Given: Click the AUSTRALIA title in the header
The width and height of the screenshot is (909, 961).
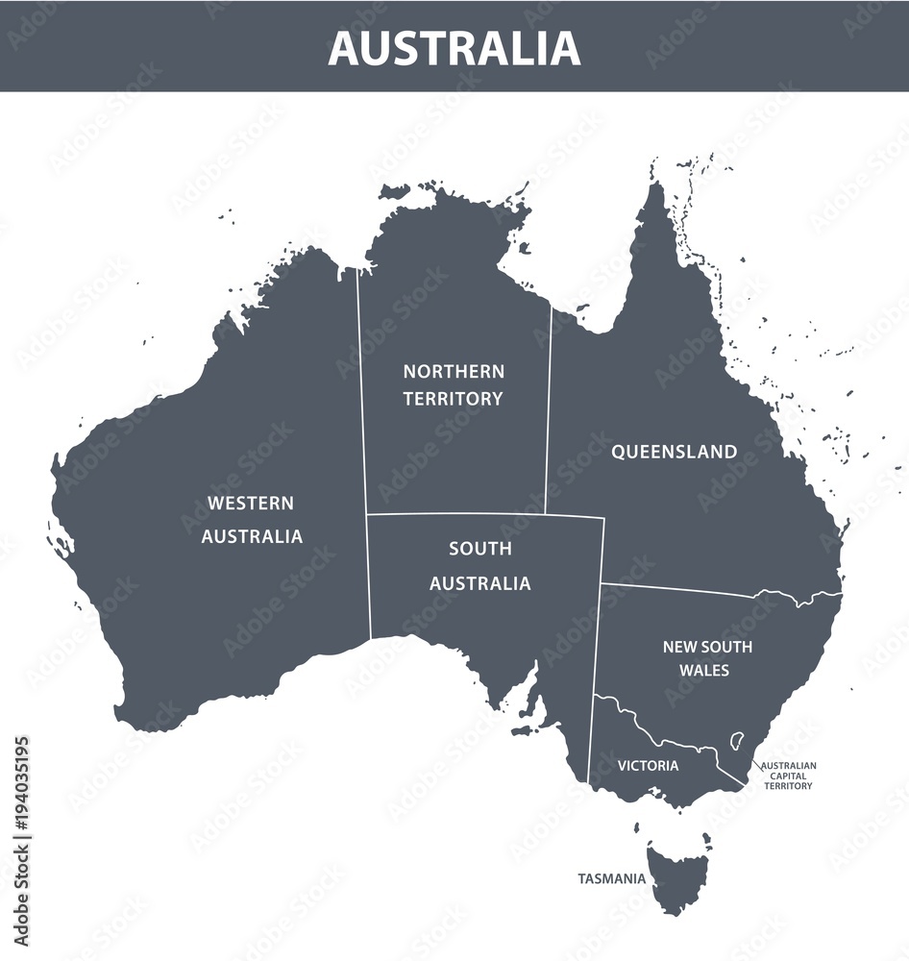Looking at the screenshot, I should pyautogui.click(x=454, y=48).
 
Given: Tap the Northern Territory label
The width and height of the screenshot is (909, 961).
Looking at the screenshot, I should pyautogui.click(x=453, y=384).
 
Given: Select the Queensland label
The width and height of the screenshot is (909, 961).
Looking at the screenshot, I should pyautogui.click(x=675, y=452).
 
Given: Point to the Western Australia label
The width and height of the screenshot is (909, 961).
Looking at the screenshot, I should pyautogui.click(x=252, y=520).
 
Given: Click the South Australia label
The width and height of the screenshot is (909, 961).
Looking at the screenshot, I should pyautogui.click(x=479, y=566).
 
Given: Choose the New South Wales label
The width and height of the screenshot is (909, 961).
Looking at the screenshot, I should pyautogui.click(x=707, y=658).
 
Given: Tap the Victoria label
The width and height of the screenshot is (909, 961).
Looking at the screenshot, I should pyautogui.click(x=648, y=766).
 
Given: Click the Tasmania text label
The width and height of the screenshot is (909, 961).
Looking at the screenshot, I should pyautogui.click(x=611, y=878).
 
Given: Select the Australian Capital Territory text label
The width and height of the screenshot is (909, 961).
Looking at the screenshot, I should pyautogui.click(x=788, y=776).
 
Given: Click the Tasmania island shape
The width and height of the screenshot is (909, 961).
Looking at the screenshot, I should pyautogui.click(x=678, y=875).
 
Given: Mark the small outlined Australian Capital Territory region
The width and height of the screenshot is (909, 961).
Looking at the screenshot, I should pyautogui.click(x=737, y=741).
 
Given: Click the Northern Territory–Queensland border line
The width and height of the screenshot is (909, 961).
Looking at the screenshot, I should pyautogui.click(x=549, y=404).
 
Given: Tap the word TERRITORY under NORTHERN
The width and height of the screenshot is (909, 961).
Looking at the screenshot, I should pyautogui.click(x=453, y=399).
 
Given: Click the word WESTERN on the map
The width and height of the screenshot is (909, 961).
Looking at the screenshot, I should pyautogui.click(x=251, y=504).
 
